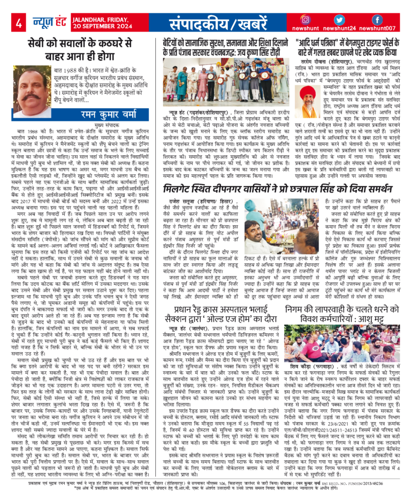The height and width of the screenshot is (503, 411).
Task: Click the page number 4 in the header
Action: pyautogui.click(x=18, y=23)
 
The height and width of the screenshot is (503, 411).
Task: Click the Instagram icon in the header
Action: pyautogui.click(x=306, y=20)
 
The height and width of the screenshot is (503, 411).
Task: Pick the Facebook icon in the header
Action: pyautogui.click(x=376, y=20)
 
